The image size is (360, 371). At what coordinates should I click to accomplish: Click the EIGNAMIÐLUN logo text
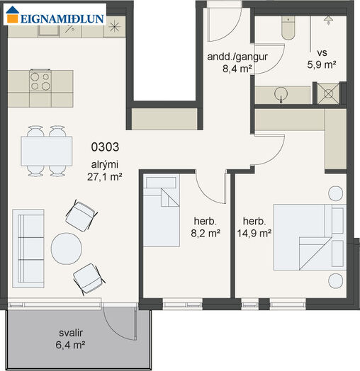click(62, 19)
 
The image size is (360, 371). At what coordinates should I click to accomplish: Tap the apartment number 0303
click(105, 147)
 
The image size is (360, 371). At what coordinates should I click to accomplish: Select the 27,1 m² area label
click(105, 177)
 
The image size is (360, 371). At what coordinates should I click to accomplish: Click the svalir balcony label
click(71, 333)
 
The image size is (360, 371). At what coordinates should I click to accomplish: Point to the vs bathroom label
click(322, 53)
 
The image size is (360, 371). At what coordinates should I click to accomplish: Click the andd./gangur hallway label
click(237, 57)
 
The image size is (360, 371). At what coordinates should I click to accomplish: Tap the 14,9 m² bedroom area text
click(254, 234)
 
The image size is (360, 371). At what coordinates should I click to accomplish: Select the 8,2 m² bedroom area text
click(206, 234)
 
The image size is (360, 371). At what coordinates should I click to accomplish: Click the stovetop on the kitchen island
click(40, 81)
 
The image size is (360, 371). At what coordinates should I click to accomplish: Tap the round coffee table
click(67, 249)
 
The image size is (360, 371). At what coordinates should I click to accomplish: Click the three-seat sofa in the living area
click(28, 249)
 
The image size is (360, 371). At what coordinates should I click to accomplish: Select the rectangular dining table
click(47, 152)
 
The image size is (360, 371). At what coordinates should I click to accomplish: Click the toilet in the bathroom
click(288, 28)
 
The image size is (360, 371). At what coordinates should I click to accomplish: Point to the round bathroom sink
click(281, 93)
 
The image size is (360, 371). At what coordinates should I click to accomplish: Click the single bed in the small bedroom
click(162, 211)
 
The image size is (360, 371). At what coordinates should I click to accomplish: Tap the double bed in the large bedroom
click(310, 237)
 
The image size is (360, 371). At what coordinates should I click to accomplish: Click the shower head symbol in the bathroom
click(328, 20)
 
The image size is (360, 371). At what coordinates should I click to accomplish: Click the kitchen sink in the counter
click(50, 30)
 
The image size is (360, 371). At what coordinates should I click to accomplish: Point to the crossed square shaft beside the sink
click(328, 93)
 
